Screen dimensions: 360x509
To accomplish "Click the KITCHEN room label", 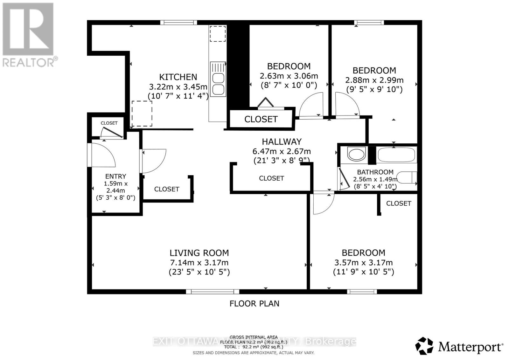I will tap(178, 77).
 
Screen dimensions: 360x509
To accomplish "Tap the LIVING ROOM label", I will tap(199, 253).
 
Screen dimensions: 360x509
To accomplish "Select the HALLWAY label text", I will tap(282, 142).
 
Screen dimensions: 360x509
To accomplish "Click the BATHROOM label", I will tap(375, 172).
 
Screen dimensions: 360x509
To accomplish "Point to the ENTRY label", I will tap(115, 176).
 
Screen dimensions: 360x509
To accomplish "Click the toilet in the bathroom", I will tap(407, 177).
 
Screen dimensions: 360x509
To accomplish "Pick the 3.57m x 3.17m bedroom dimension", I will tap(363, 263).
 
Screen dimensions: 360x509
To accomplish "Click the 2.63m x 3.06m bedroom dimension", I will tap(289, 76).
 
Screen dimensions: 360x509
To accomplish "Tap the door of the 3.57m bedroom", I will tap(323, 204).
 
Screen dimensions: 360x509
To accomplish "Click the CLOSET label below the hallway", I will tap(271, 178).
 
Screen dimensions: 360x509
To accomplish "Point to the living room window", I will tap(213, 291).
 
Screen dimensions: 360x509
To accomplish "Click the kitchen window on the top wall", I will tap(178, 23).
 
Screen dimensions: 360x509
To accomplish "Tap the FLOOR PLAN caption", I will tap(254, 304).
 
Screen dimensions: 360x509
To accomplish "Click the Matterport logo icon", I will tap(424, 346).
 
